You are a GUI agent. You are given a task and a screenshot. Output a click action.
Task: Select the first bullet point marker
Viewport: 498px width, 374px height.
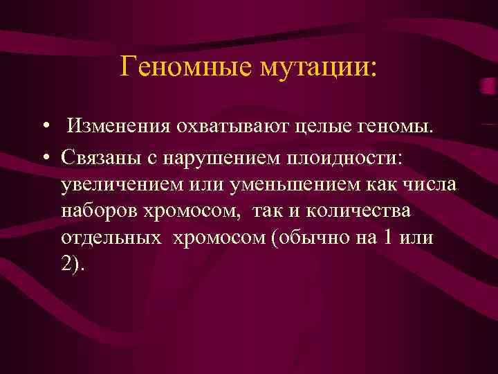(x=44, y=127)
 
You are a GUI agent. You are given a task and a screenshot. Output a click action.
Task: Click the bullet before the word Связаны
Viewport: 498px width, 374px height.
(x=44, y=157)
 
